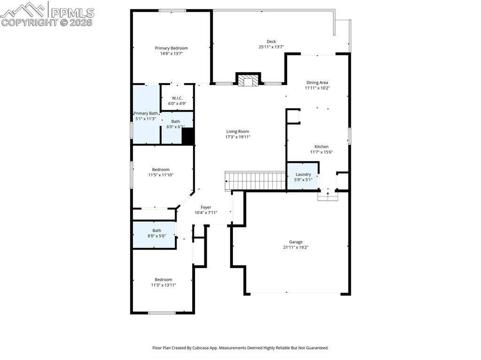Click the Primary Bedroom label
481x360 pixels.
(171, 48)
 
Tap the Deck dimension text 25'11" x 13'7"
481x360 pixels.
(271, 47)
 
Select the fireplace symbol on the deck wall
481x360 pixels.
(248, 81)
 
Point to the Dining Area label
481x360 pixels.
(317, 83)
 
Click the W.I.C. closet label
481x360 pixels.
(177, 98)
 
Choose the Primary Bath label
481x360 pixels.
(146, 113)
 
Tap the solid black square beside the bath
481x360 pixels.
(188, 137)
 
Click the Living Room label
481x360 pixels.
(238, 131)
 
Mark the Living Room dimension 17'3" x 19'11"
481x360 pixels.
(238, 137)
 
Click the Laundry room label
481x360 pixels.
(303, 174)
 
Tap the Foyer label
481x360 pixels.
(206, 207)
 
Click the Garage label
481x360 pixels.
(295, 242)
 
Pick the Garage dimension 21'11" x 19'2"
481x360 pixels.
(295, 247)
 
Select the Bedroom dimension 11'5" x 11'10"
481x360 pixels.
(161, 175)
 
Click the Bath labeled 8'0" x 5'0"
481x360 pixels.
(156, 230)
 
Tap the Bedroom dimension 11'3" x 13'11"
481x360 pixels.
(163, 285)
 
